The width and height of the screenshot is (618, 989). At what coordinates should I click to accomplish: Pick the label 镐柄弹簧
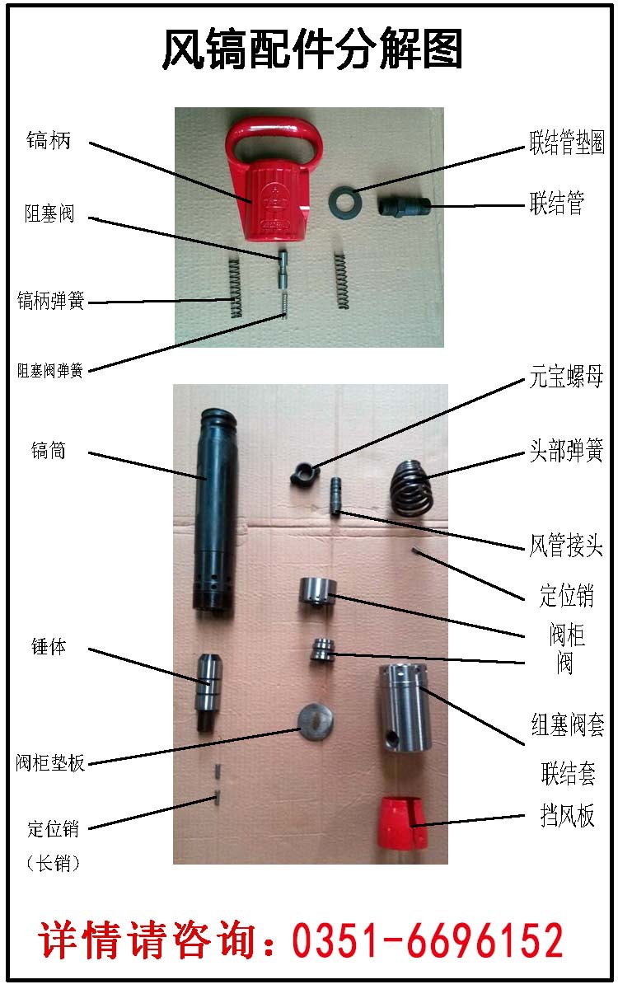[51, 300]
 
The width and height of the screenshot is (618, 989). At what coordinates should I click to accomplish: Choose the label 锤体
[49, 648]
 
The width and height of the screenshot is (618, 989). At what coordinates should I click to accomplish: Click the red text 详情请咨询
[148, 940]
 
